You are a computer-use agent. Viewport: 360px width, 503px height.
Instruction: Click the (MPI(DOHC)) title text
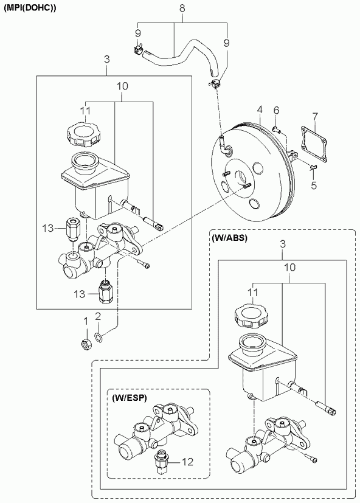tap(30, 9)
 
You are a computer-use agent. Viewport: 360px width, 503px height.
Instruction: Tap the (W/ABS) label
tap(229, 239)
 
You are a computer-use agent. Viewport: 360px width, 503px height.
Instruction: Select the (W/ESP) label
tap(130, 398)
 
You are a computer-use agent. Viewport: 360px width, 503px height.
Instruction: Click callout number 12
tap(187, 462)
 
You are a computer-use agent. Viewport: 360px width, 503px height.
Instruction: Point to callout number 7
tap(315, 116)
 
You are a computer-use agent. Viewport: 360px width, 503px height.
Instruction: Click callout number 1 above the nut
tap(85, 321)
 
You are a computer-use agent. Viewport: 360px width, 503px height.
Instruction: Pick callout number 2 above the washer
tap(98, 317)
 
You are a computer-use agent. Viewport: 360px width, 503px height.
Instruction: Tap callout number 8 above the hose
tap(182, 9)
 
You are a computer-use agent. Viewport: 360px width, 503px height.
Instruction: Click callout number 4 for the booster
tap(260, 109)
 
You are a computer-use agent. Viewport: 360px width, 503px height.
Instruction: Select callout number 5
tap(314, 185)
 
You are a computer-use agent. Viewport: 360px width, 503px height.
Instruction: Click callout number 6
tap(276, 110)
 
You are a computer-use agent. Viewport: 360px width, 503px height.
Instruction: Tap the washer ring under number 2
tap(99, 337)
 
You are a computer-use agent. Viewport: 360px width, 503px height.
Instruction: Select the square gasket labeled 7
tap(313, 144)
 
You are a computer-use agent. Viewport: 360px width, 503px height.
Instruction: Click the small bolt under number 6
tap(276, 130)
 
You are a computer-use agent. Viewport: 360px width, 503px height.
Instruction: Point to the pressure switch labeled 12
tap(159, 462)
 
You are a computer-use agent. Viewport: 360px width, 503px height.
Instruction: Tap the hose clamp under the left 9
tap(138, 49)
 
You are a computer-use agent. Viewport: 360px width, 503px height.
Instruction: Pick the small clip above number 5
tap(313, 167)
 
